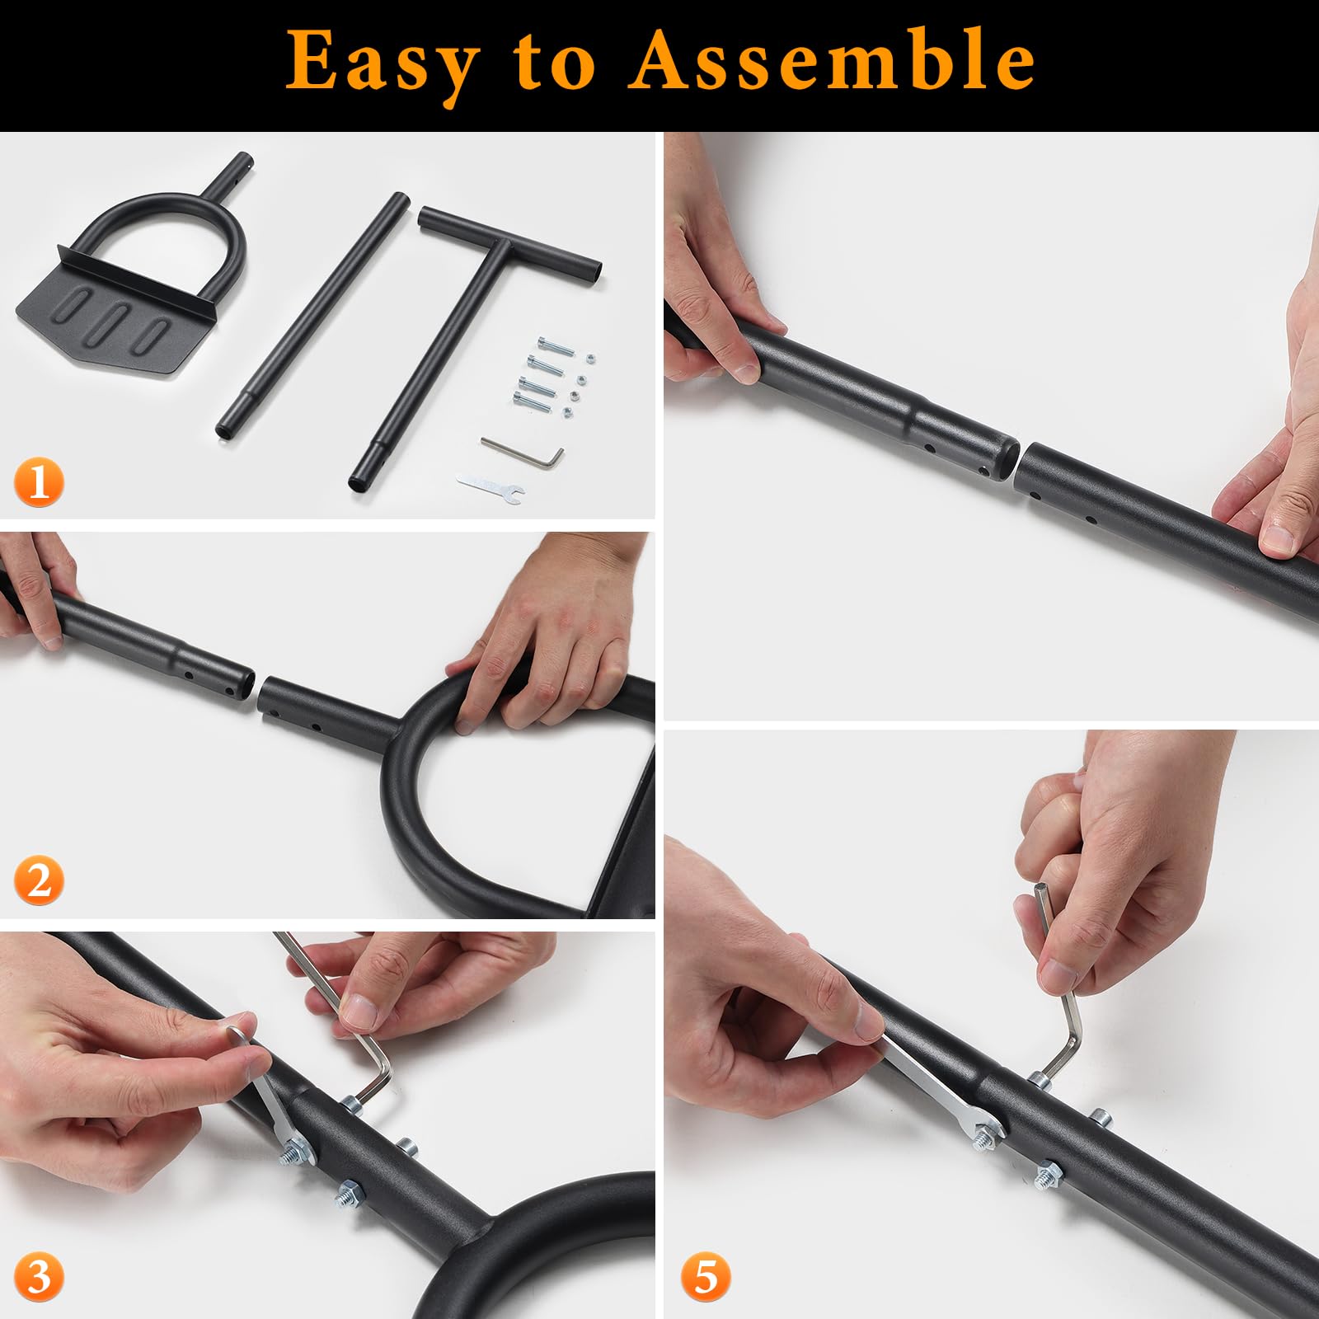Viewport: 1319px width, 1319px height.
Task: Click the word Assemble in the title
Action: [x=833, y=59]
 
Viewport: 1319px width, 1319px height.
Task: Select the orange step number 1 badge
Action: [x=39, y=483]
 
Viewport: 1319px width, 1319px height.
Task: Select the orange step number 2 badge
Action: [x=39, y=879]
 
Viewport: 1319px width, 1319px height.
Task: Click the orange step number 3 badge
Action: [x=39, y=1276]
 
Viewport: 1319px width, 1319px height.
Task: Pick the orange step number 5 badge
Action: [x=706, y=1276]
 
